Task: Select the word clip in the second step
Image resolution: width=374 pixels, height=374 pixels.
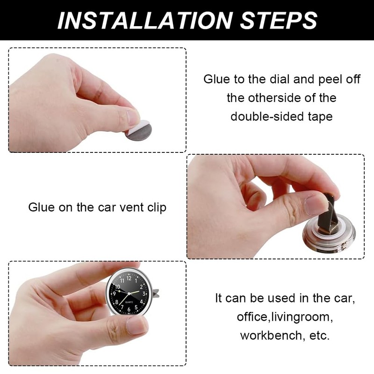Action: tap(155, 207)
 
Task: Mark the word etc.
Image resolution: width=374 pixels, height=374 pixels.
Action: tap(318, 336)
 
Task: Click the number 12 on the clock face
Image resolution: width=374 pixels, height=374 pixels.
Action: tap(129, 278)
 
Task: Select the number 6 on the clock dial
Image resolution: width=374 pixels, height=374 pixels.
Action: tap(129, 309)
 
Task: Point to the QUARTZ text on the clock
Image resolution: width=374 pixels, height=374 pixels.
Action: tap(129, 302)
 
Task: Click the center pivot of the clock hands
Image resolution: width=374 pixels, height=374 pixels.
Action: tap(129, 294)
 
